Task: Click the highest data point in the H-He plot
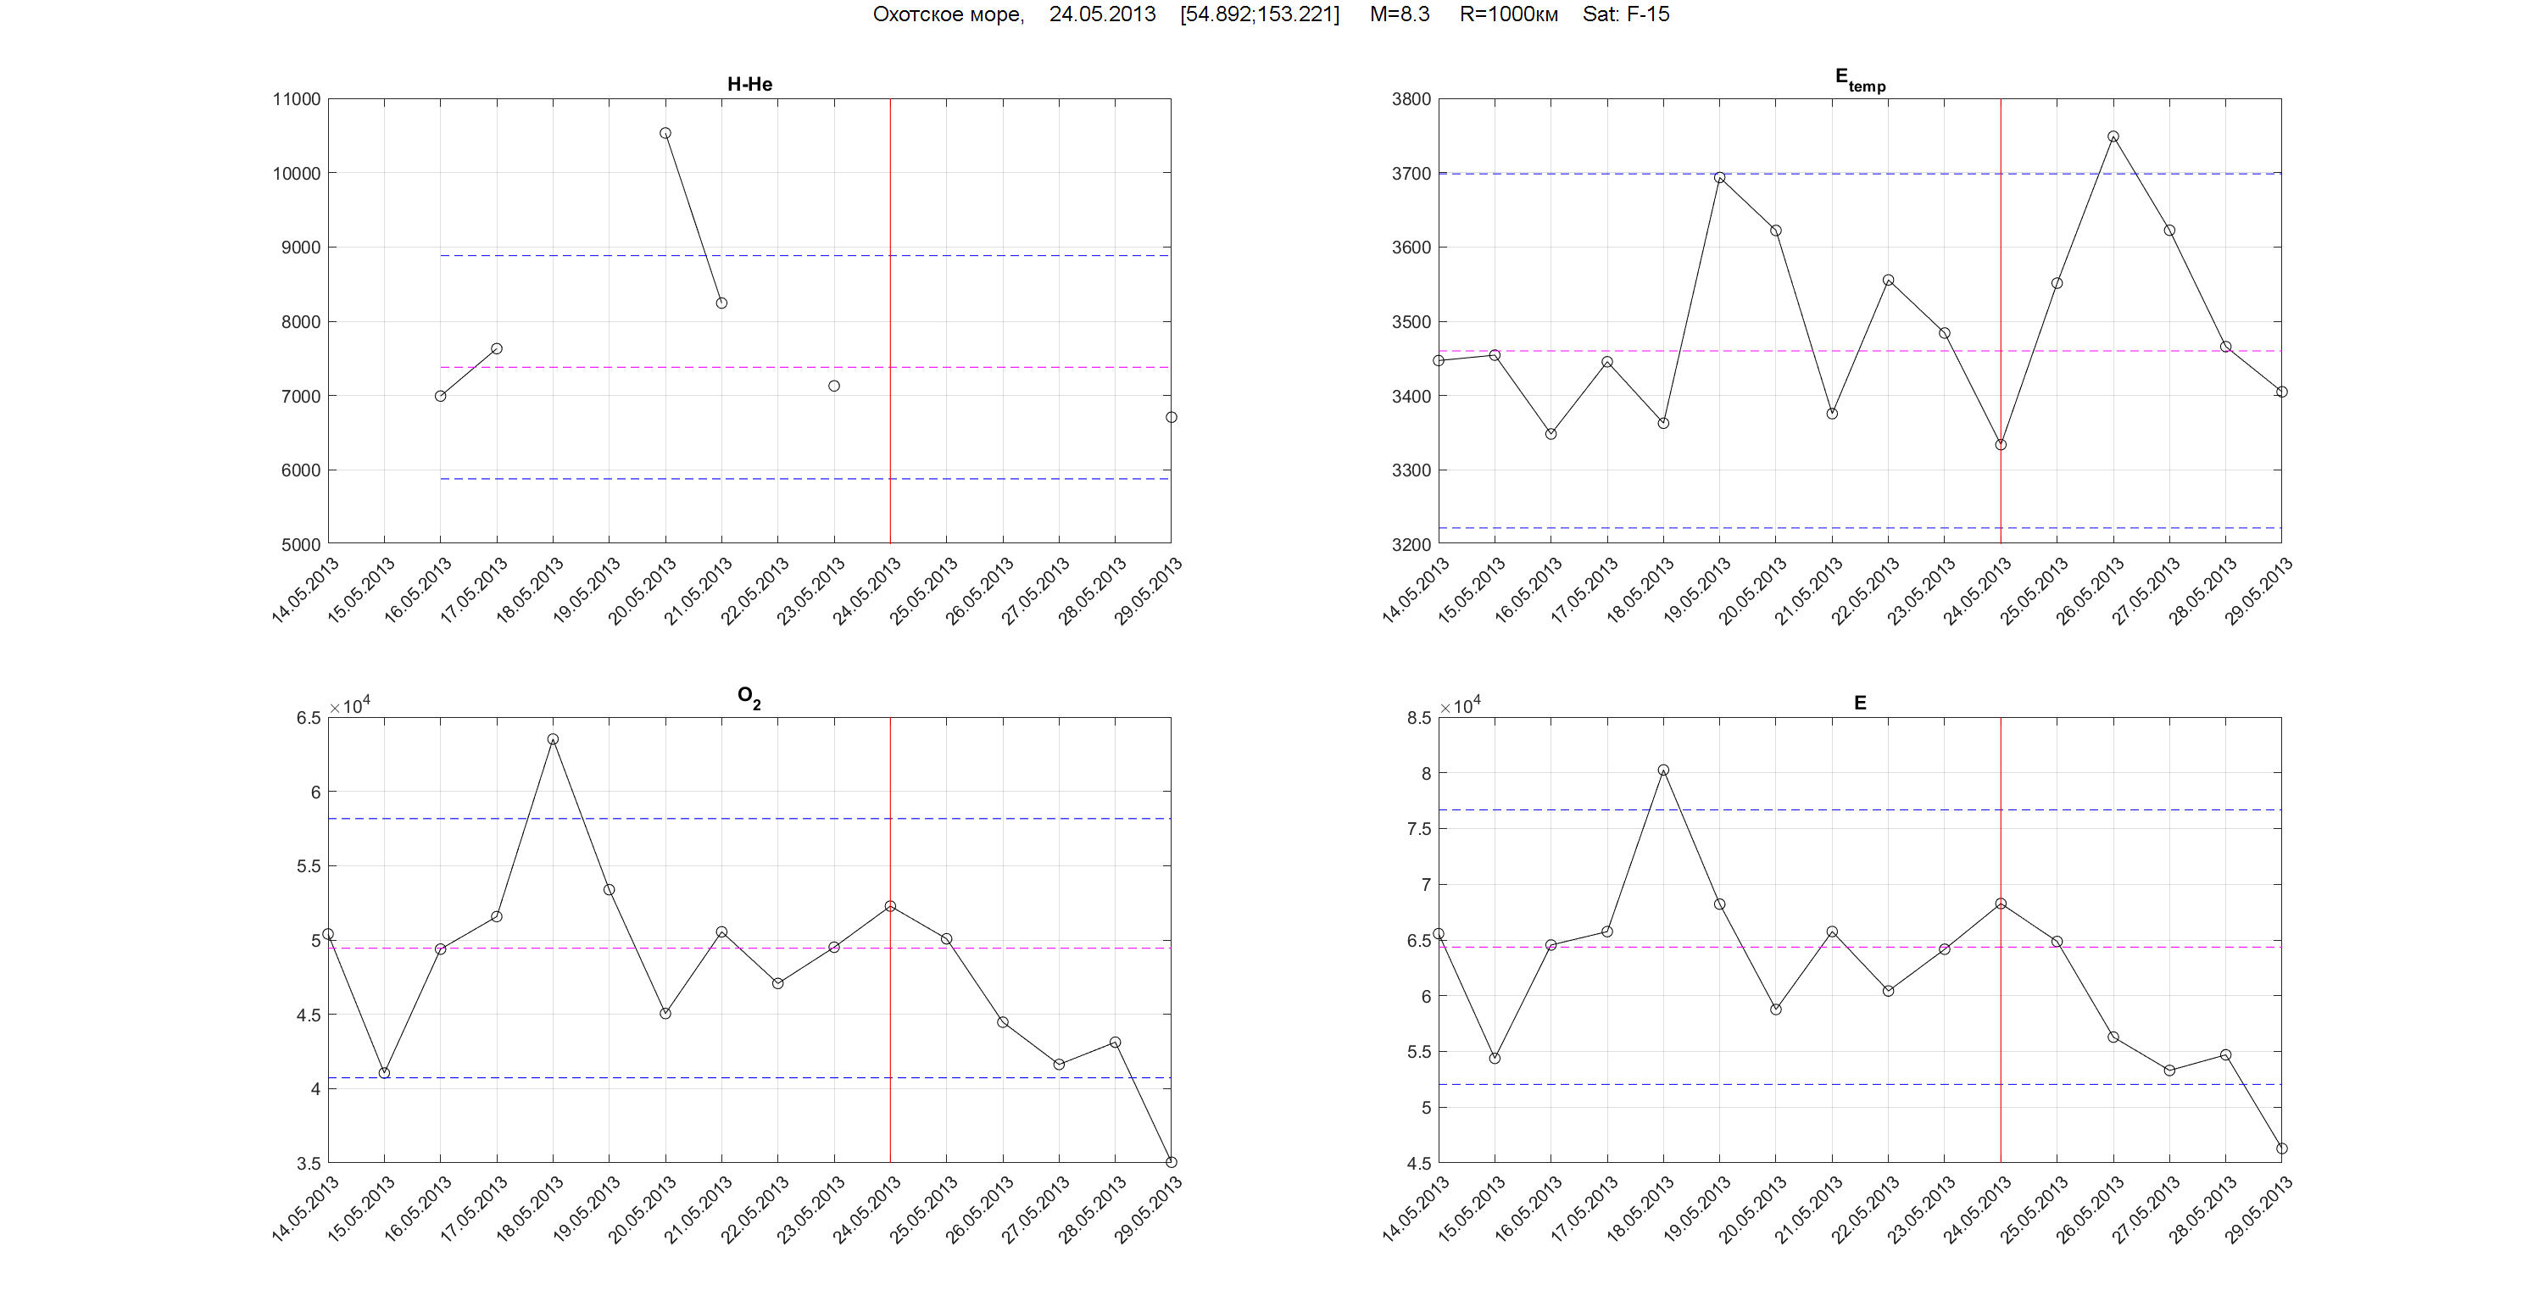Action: coord(665,133)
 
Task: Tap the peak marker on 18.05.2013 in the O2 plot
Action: coord(554,739)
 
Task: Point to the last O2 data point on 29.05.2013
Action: coord(1171,1162)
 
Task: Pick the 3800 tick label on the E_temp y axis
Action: coord(1411,99)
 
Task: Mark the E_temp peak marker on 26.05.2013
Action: coord(2113,137)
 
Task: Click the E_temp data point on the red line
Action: coord(2000,444)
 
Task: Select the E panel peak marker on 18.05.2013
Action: coord(1663,770)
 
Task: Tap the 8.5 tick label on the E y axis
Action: coord(1418,718)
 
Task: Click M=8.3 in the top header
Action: coord(1399,14)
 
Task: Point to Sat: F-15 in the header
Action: coord(1625,14)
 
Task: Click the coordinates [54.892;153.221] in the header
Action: coord(1259,14)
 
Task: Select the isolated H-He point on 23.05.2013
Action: coord(834,386)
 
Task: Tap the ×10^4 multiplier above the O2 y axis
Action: coord(349,706)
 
